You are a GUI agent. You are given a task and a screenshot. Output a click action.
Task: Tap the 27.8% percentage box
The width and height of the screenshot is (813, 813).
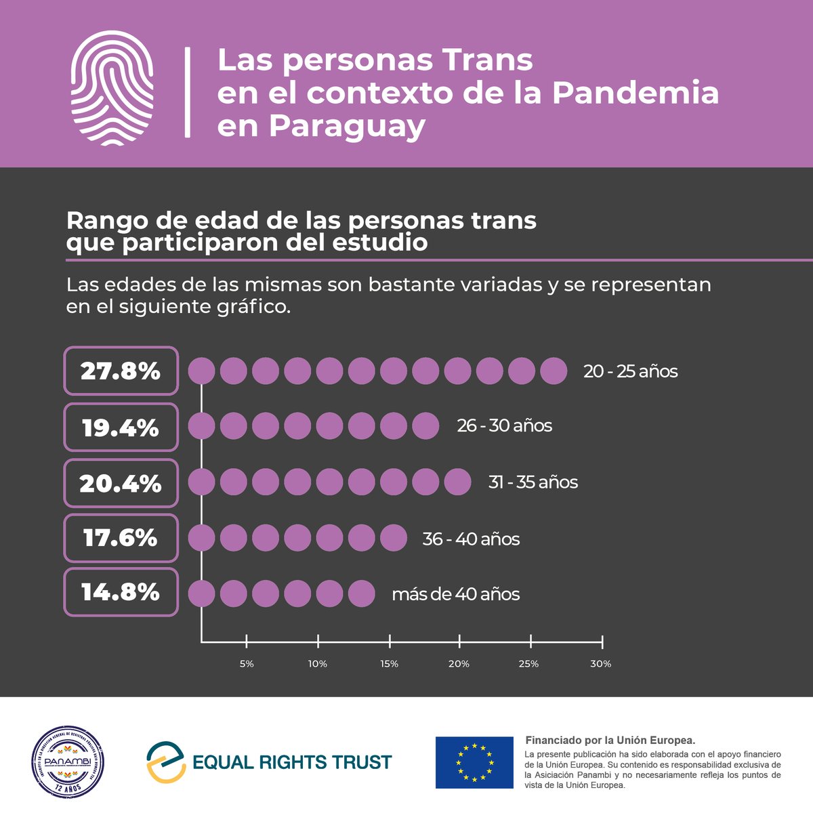click(x=121, y=371)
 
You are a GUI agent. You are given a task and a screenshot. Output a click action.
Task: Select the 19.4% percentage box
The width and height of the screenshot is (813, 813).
click(x=121, y=428)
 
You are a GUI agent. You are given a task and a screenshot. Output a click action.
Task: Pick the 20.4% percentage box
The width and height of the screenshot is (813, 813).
click(x=121, y=484)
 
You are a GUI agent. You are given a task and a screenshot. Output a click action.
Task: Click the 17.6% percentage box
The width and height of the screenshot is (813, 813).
click(x=121, y=538)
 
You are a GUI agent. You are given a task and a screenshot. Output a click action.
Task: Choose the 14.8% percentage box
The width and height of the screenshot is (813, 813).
click(x=121, y=593)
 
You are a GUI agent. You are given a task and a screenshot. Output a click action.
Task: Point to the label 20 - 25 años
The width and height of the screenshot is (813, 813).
click(x=630, y=371)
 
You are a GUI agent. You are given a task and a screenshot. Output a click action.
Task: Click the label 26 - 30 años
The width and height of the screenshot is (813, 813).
click(x=504, y=426)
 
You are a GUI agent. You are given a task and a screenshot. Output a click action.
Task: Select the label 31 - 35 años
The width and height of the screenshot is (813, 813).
click(x=533, y=482)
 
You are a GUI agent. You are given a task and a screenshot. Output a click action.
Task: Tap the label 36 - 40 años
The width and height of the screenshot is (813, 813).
click(x=471, y=539)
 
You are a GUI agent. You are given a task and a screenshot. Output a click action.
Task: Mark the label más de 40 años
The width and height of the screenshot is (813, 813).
click(x=455, y=594)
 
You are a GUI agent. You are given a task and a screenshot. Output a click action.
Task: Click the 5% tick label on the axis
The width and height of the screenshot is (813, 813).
click(x=247, y=664)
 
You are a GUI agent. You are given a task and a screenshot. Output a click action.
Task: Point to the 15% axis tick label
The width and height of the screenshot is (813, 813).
click(x=390, y=664)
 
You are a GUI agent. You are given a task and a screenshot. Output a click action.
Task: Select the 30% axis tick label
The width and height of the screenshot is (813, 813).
click(x=600, y=664)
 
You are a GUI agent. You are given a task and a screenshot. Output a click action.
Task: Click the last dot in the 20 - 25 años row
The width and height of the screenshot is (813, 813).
click(x=554, y=371)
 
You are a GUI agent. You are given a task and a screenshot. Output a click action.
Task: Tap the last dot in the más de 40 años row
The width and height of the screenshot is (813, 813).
click(x=362, y=594)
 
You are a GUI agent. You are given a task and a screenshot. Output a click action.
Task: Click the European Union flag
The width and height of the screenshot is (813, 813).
click(x=474, y=762)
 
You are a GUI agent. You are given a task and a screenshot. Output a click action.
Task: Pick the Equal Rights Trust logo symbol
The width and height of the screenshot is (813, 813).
click(x=166, y=762)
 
